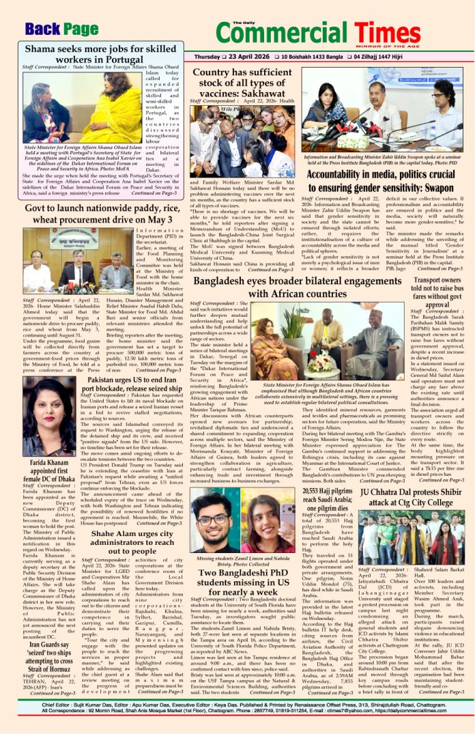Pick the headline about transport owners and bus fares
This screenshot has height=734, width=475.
(436, 291)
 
